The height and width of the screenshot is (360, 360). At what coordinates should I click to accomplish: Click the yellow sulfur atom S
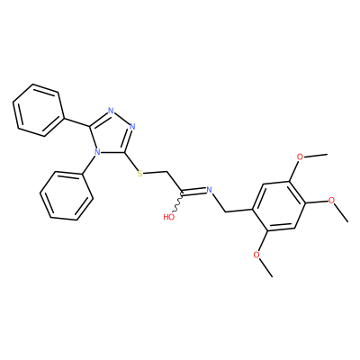(139, 174)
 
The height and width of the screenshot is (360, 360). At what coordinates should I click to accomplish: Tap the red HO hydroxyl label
(169, 217)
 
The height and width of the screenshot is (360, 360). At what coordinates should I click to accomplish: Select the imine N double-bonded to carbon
(210, 189)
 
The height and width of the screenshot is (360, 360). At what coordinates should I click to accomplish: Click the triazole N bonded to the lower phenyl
(96, 152)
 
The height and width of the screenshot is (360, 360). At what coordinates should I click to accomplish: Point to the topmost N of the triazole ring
(111, 111)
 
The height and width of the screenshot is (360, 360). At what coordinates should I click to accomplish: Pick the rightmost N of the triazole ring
(132, 126)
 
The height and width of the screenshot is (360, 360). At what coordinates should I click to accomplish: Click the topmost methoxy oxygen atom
(300, 157)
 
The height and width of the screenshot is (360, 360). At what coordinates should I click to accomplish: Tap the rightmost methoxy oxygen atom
(331, 200)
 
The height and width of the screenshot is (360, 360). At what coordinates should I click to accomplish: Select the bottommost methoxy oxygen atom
(256, 255)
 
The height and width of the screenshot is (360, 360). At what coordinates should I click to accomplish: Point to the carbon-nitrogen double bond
(193, 191)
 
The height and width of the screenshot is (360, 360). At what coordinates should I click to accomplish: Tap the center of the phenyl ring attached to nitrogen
(67, 195)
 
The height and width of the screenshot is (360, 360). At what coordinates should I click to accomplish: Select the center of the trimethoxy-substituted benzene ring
(279, 206)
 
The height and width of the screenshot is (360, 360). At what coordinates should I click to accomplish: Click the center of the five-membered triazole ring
(112, 134)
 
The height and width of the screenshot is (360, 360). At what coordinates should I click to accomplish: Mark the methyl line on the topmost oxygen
(315, 156)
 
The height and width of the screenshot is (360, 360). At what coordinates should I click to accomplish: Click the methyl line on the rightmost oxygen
(342, 213)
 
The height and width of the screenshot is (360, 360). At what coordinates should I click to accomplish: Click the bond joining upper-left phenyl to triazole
(77, 121)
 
